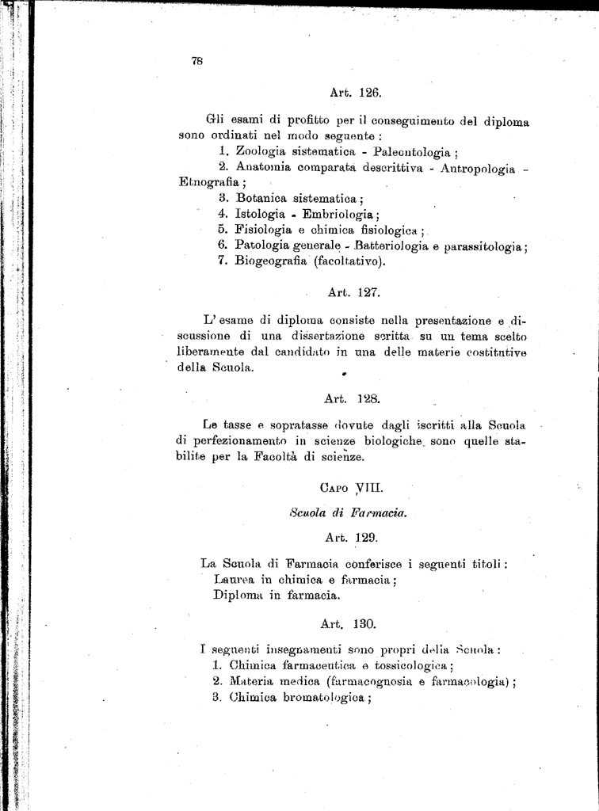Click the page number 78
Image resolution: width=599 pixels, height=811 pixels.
197,61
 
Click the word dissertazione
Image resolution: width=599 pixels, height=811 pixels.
295,337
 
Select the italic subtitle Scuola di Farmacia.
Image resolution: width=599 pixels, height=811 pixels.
349,512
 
